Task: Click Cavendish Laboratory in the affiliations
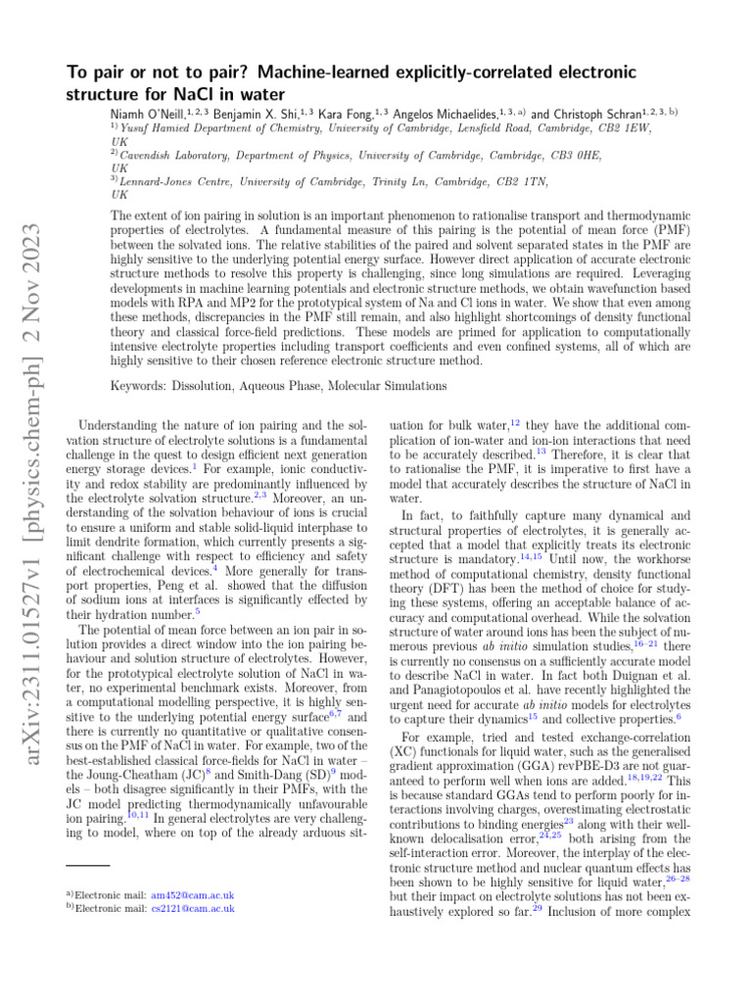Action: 171,155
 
